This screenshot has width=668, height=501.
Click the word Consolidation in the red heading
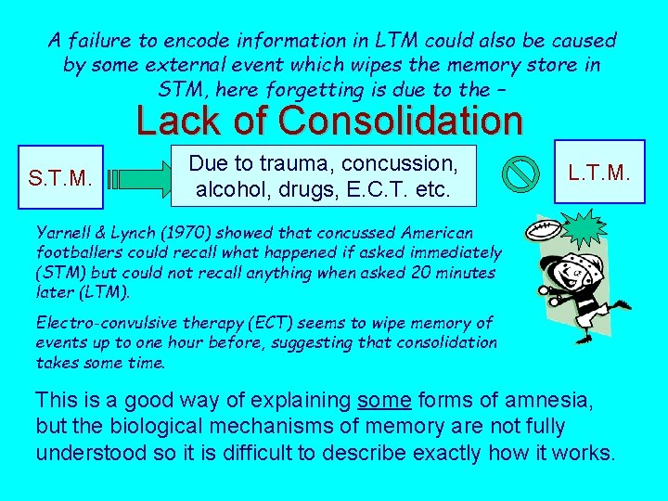[x=400, y=121]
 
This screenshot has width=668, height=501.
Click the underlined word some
[x=384, y=402]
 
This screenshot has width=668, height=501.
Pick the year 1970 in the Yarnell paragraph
[x=163, y=232]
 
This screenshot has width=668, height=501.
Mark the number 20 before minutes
[x=416, y=272]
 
